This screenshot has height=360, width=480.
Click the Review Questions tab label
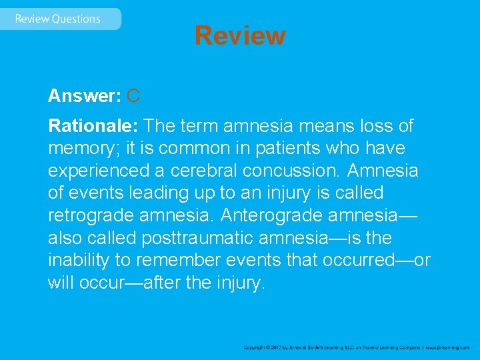(57, 19)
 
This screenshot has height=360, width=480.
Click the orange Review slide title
(240, 35)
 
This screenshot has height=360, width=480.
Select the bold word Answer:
(84, 96)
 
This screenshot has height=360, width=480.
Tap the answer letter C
(133, 96)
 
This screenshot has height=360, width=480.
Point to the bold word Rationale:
(93, 125)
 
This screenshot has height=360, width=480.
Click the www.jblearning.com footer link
(447, 347)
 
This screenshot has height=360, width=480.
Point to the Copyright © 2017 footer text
(267, 347)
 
